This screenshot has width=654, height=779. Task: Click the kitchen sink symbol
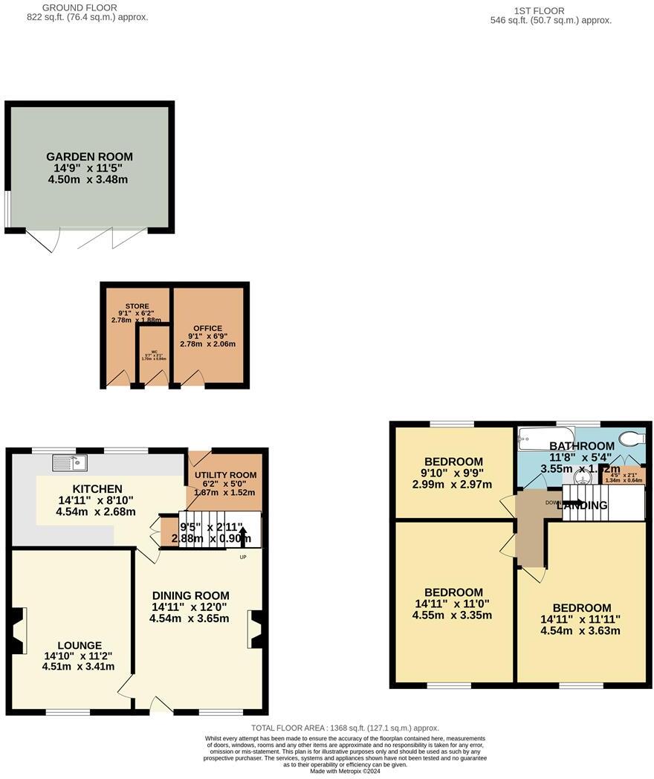coord(71,462)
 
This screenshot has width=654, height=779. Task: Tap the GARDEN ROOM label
coord(89,157)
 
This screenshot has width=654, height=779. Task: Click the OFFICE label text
coord(207,329)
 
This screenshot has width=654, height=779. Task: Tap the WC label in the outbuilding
coord(154,352)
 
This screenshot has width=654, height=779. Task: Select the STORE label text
coord(137,306)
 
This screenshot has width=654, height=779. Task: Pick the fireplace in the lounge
coord(19,630)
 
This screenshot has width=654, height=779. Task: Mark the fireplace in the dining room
coord(256,630)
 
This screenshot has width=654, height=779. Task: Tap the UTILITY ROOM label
coord(226,474)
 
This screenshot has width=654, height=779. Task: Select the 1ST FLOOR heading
coord(539,10)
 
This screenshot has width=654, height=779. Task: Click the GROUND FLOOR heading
coord(80,7)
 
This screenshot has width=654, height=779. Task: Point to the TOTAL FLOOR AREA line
coord(345,728)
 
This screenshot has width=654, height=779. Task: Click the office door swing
coord(193,380)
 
